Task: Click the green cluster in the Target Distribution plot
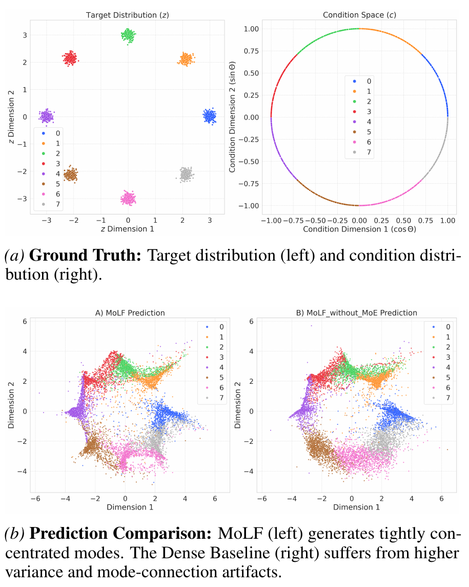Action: [128, 35]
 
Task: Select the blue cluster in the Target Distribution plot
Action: [209, 116]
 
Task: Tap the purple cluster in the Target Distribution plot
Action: [47, 116]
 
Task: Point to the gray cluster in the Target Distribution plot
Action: [186, 174]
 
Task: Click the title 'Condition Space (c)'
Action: [359, 15]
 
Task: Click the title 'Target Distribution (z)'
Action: [127, 15]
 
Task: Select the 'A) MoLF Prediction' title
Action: [130, 312]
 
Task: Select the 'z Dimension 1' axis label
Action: [127, 228]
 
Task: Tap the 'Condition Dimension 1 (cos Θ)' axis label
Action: [359, 229]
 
